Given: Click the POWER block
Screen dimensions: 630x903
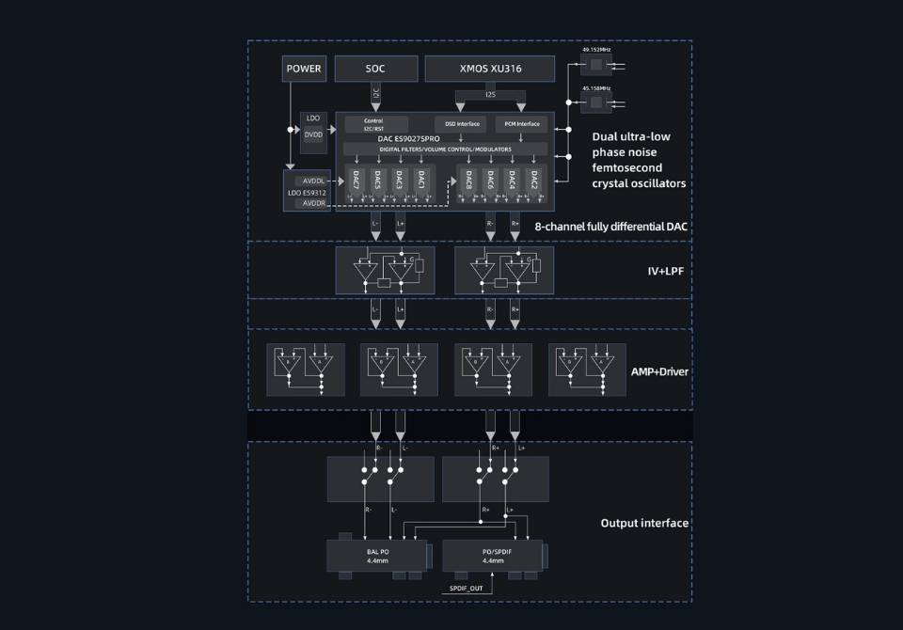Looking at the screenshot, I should coord(304,69).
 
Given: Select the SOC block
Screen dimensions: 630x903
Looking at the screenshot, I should coord(375,69).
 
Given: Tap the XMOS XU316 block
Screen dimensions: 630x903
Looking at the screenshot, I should coord(490,69).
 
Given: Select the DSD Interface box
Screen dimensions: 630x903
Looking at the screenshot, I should coord(456,123).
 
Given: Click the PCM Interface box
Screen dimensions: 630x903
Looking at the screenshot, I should coord(521,123).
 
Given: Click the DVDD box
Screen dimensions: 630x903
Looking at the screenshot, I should coord(313,134).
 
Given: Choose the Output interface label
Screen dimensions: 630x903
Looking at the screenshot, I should coord(644,523).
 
